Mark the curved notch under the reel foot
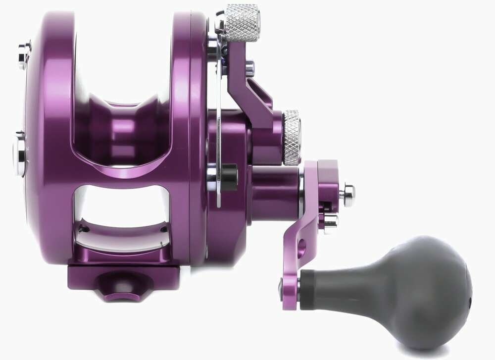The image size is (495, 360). (x=116, y=290)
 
